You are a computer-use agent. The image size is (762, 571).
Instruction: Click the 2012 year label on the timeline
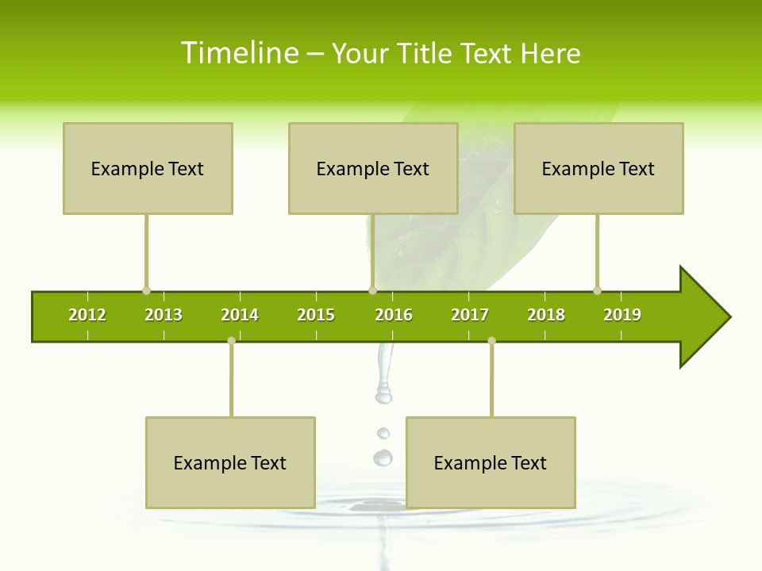[x=87, y=315]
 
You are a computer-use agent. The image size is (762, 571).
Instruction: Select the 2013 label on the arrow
[x=164, y=315]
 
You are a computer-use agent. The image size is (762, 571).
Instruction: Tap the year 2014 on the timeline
[x=240, y=315]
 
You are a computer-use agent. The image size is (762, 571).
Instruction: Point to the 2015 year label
[x=316, y=315]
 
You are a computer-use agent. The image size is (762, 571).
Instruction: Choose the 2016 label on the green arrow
[x=394, y=315]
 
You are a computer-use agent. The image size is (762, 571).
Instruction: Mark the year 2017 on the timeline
[x=470, y=315]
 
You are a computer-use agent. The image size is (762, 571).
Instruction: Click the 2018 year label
[x=546, y=315]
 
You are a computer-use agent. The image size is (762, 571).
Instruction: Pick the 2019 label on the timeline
[x=622, y=315]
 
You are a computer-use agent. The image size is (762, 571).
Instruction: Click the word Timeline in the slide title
[x=239, y=53]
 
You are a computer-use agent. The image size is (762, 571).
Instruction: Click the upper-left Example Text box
[x=148, y=168]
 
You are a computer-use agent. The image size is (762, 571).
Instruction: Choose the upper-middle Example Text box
[x=373, y=168]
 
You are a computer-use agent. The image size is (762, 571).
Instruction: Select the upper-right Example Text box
[x=598, y=168]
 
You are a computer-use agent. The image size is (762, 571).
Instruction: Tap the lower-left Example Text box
[x=230, y=462]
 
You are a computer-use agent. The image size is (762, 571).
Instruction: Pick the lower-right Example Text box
[x=491, y=462]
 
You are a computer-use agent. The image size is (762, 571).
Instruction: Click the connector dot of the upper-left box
[x=146, y=290]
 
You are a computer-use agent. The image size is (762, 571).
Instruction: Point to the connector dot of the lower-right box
[x=491, y=341]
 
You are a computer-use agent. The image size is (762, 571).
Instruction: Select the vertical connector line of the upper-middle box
[x=372, y=251]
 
